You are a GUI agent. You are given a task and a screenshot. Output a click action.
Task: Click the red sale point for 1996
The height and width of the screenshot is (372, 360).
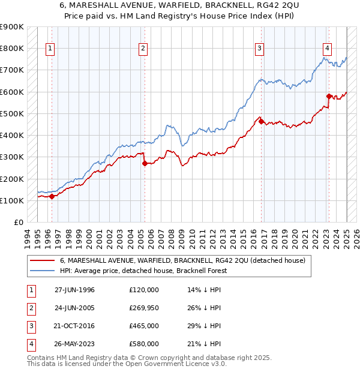[52, 196]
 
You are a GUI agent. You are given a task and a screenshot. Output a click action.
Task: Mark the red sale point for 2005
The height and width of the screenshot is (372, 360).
[145, 163]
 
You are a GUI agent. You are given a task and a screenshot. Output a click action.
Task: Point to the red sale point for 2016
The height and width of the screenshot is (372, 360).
[262, 121]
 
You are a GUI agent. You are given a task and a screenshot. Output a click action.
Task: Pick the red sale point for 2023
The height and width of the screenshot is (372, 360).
[329, 96]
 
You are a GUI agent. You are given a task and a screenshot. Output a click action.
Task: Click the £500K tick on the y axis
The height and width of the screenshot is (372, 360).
[12, 113]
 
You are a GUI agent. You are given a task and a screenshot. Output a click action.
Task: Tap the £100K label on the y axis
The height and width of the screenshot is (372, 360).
[12, 200]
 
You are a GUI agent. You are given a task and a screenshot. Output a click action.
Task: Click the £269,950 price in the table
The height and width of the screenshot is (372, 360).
[143, 308]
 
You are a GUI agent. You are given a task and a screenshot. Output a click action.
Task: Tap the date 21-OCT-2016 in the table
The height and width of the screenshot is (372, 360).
[74, 326]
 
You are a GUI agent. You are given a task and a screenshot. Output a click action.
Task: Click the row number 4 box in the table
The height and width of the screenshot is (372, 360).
[30, 344]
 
